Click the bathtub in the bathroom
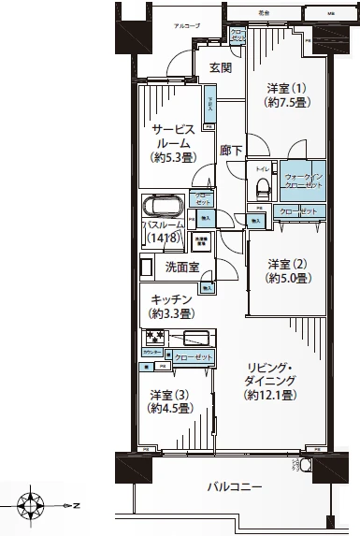pos(165,205)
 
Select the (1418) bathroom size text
pos(165,239)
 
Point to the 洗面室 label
pos(181,268)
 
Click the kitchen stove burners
pos(152,337)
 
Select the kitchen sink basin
pos(198,337)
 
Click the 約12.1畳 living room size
pos(273,397)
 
